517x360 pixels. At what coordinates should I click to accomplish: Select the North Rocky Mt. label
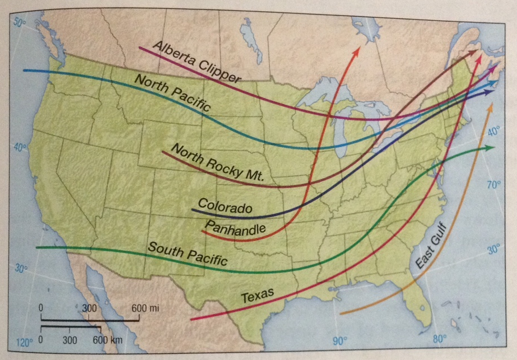click(x=216, y=163)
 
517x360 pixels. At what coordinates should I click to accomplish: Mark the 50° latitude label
click(x=21, y=23)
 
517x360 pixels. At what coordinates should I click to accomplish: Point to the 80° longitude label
click(x=439, y=338)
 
